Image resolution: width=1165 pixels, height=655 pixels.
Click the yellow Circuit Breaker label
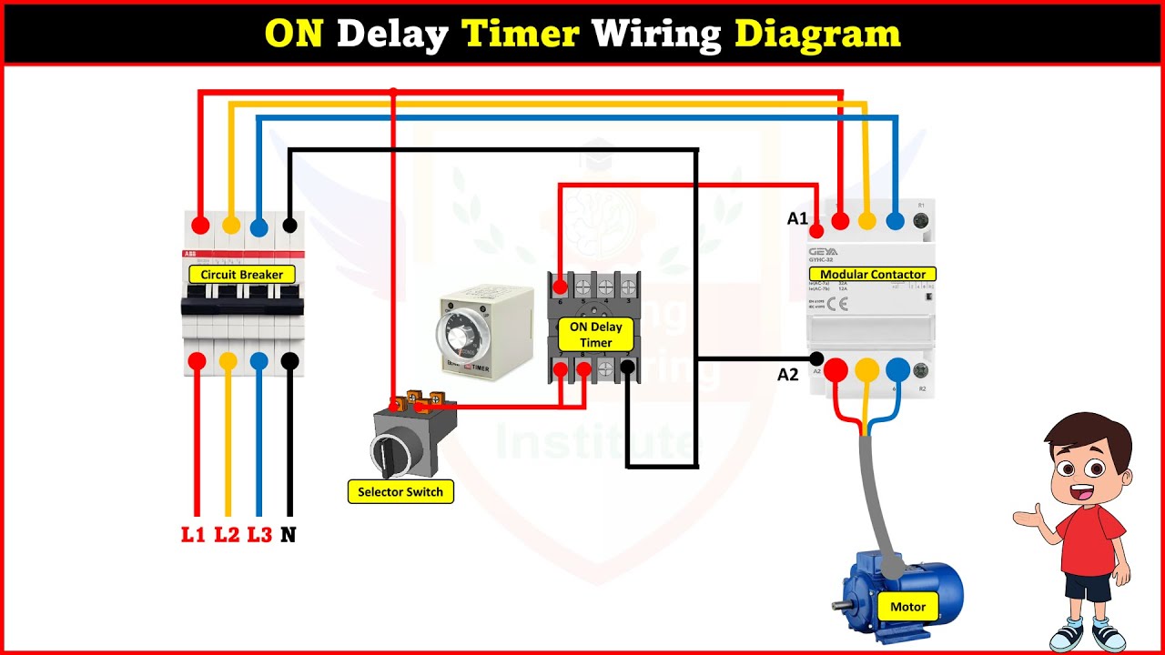tap(241, 274)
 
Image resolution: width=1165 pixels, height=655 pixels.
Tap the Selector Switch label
tap(400, 492)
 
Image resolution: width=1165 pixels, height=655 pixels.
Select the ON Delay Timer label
tap(596, 335)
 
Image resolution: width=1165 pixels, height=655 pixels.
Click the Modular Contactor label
tap(872, 274)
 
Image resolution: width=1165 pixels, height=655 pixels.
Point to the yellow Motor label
tap(907, 607)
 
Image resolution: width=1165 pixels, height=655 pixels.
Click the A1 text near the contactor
tap(797, 218)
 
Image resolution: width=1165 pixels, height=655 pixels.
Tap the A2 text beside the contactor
tap(788, 374)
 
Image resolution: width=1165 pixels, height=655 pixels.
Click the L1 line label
tap(193, 535)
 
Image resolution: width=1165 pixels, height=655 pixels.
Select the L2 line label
tap(227, 535)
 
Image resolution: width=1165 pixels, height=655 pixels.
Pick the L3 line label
tap(259, 535)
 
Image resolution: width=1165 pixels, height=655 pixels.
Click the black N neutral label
tap(289, 535)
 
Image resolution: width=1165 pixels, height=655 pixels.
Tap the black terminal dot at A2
tap(816, 359)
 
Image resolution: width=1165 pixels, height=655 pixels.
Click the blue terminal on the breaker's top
tap(258, 225)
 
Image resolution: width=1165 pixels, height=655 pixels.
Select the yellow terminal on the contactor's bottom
tap(866, 369)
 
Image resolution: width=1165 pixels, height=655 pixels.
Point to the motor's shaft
tap(841, 604)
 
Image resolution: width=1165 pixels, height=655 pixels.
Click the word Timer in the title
tap(521, 35)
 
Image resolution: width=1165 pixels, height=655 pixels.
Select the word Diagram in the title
tap(816, 35)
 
